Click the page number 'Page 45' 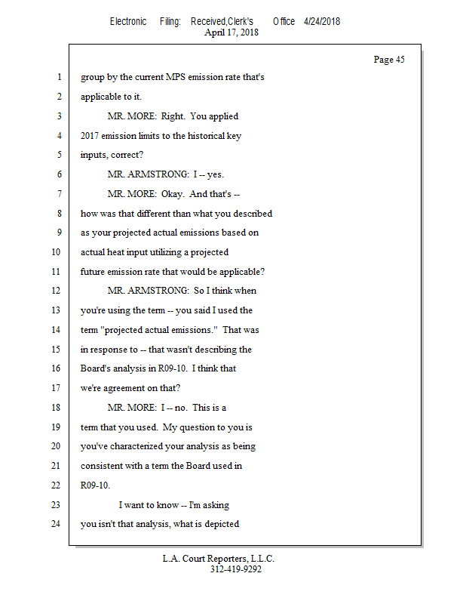(x=389, y=60)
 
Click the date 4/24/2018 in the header (x=322, y=21)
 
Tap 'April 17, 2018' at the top (x=231, y=32)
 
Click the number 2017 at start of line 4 (x=92, y=136)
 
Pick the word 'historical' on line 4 (x=197, y=136)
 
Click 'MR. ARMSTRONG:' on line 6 (x=143, y=174)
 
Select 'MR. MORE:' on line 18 (x=132, y=408)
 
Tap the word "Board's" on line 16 (x=96, y=368)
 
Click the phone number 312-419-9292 (x=235, y=570)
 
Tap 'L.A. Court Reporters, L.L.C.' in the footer (x=219, y=559)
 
